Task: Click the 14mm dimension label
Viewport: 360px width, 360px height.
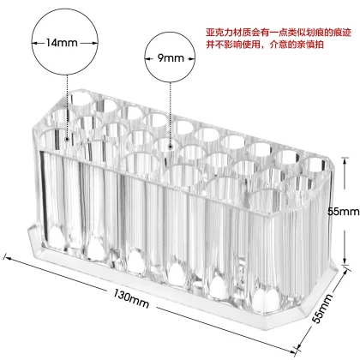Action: [62, 43]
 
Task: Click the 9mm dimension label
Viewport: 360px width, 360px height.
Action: [171, 58]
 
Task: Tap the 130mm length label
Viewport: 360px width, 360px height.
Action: [131, 298]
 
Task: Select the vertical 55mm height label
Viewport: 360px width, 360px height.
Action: [343, 212]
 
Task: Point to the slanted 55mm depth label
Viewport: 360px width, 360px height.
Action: [322, 309]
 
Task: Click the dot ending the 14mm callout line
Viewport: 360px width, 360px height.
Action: [67, 140]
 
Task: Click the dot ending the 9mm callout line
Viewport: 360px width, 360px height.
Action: [171, 147]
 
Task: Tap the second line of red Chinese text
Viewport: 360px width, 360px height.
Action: [265, 45]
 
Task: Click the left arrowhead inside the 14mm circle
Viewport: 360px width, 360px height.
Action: [34, 43]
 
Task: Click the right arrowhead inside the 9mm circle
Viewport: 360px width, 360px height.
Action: [191, 59]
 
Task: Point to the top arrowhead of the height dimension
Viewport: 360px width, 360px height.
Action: [345, 161]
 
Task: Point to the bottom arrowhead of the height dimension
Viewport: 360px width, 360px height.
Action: [345, 261]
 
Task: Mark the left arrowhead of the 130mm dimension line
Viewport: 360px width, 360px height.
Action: [8, 258]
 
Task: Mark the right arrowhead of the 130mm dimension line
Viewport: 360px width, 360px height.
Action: [293, 351]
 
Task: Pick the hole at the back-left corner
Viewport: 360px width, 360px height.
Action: [81, 98]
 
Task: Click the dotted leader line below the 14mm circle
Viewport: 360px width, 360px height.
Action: [67, 106]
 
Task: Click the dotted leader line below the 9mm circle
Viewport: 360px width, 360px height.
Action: [171, 114]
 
